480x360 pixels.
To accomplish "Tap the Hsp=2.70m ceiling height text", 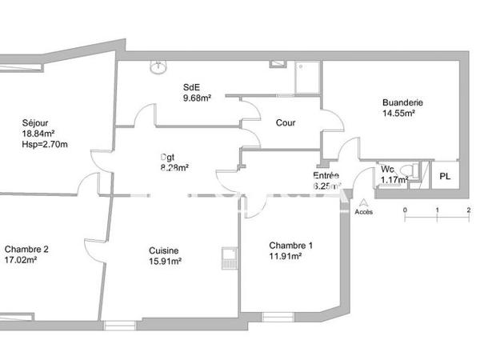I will click(45, 145).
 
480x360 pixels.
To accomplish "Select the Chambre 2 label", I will click(26, 249).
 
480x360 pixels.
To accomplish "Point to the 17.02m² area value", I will click(26, 260).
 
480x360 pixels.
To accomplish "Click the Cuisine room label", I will click(162, 250).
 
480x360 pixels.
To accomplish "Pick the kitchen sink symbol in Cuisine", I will click(228, 257).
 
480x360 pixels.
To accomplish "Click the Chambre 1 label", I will click(291, 246).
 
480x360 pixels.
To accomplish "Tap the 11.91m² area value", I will click(286, 257).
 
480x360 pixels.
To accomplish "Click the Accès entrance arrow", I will click(364, 202).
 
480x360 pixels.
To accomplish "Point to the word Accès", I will click(364, 212).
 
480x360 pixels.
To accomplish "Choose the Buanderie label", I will click(402, 102).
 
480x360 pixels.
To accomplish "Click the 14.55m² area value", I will click(398, 114).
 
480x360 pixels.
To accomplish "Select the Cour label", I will click(286, 123).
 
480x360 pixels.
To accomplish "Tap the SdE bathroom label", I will click(191, 87).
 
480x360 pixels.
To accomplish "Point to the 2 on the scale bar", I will click(468, 210).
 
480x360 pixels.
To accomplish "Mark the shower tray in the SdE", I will click(306, 78).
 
